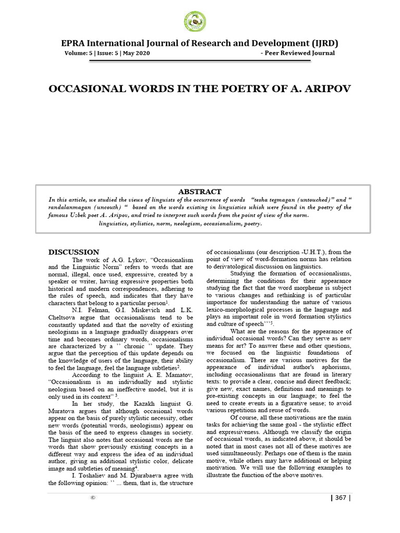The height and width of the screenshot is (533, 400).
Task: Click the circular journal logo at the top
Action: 195,21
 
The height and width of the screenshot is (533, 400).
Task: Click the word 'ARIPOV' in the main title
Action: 327,88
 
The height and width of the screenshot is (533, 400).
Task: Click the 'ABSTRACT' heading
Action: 199,192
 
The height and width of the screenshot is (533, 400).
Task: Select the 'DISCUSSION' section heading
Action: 73,252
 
